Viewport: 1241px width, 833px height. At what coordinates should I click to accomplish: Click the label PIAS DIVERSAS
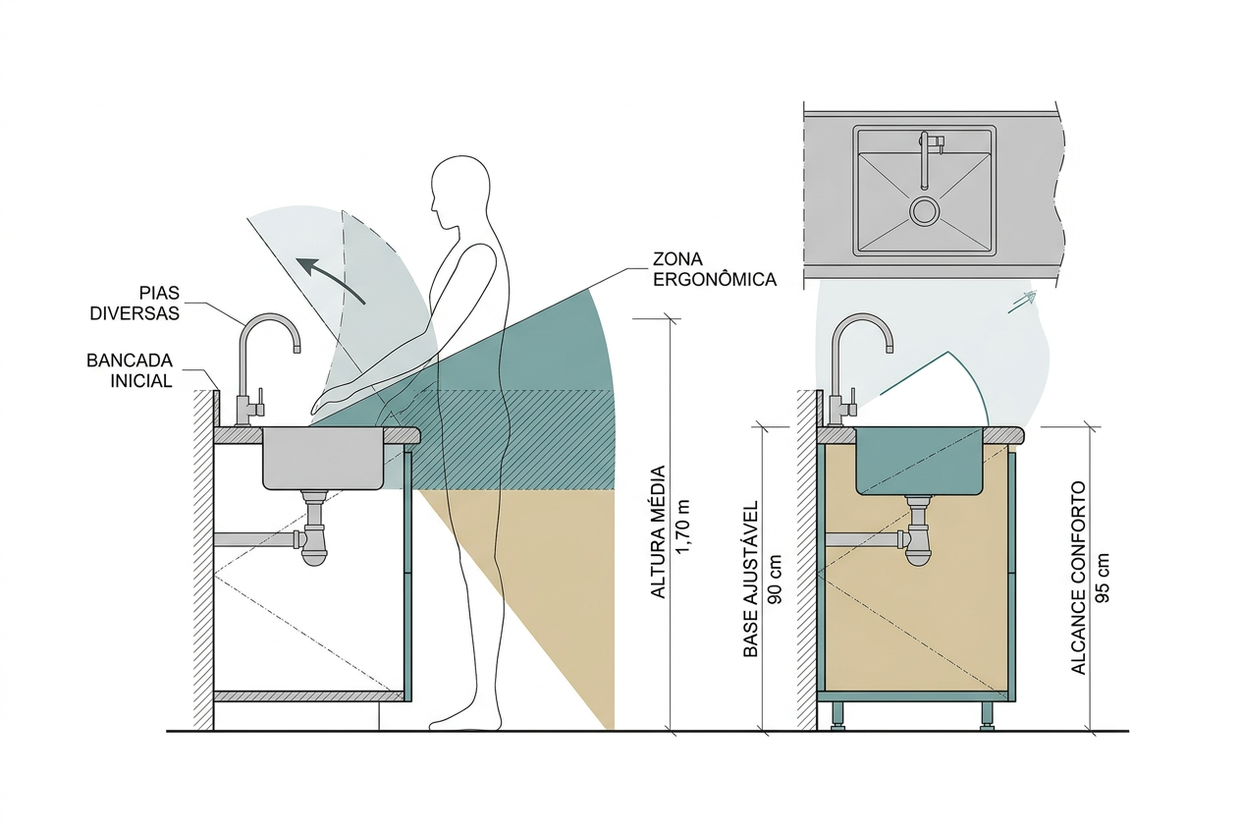[x=135, y=304]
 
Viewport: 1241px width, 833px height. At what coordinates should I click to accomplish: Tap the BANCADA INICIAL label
[x=130, y=370]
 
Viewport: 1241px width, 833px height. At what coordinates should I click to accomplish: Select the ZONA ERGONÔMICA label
[x=715, y=269]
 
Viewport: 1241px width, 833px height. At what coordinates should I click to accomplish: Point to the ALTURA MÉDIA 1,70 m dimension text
[x=670, y=531]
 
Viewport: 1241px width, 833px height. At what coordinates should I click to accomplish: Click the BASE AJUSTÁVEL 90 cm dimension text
[x=762, y=580]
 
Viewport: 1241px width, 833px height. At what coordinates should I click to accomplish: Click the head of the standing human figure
[x=460, y=186]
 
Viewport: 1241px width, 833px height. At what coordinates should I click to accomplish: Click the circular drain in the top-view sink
[x=925, y=210]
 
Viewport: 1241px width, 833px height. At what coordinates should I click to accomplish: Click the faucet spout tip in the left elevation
[x=297, y=349]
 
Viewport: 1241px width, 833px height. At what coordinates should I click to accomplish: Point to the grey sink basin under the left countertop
[x=323, y=459]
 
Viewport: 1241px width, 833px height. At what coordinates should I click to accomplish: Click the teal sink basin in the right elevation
[x=920, y=461]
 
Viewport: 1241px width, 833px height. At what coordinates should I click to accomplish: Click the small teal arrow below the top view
[x=1022, y=302]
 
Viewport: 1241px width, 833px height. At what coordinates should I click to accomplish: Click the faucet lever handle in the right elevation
[x=851, y=401]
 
